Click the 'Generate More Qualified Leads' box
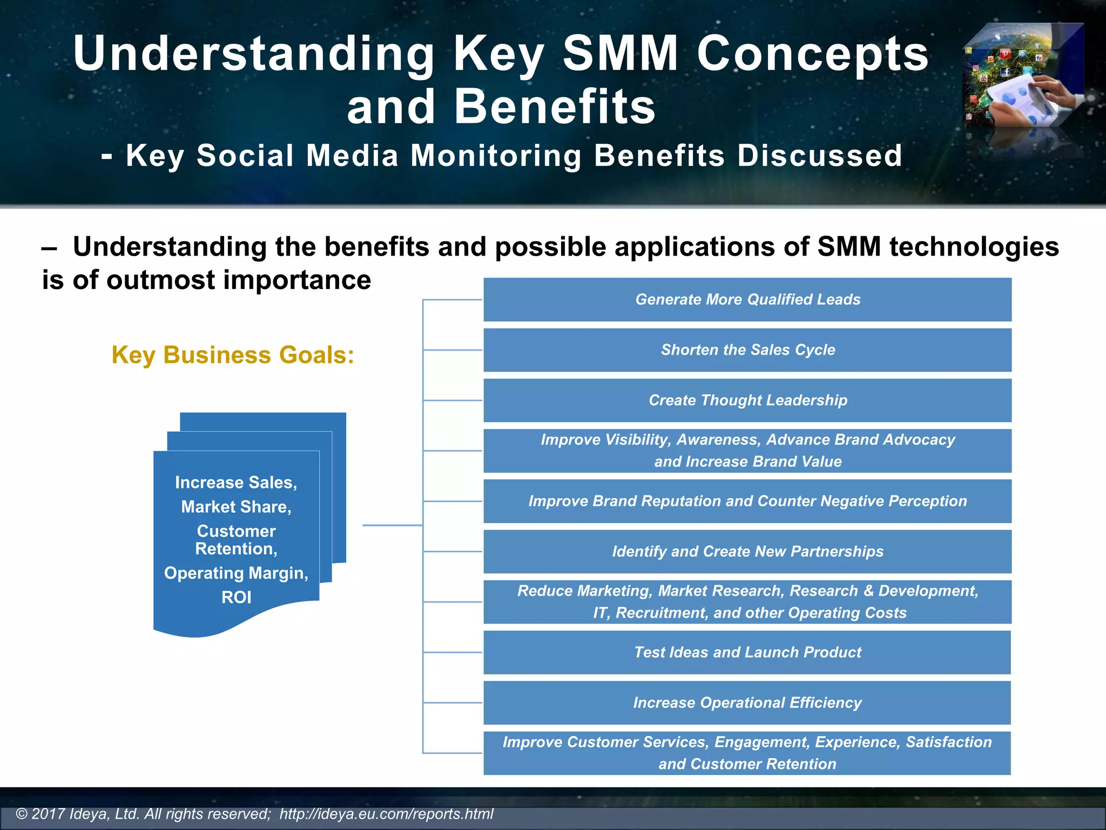click(747, 299)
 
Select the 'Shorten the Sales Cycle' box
click(747, 350)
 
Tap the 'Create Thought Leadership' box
click(747, 400)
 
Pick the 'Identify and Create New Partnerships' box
click(747, 551)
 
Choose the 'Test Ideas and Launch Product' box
click(747, 652)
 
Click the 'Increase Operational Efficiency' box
click(747, 702)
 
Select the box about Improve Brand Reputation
click(747, 501)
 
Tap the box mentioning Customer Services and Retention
click(747, 753)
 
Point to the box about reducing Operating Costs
click(747, 601)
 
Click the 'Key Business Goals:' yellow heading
click(233, 355)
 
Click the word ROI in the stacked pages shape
click(237, 597)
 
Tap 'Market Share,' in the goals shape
click(237, 507)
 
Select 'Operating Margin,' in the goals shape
click(237, 573)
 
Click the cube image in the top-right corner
click(1023, 76)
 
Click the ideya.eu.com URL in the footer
click(386, 814)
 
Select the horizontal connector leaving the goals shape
click(392, 525)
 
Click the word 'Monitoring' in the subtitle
click(496, 156)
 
